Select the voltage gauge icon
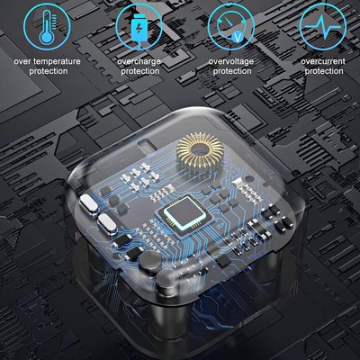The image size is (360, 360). [231, 27]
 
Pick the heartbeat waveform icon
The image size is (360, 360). [323, 27]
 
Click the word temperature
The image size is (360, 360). [57, 61]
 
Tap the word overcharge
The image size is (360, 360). [139, 62]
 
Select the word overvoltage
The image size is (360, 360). [231, 62]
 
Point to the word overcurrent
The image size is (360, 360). [323, 61]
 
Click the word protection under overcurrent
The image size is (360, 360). [324, 71]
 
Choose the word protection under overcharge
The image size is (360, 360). [140, 71]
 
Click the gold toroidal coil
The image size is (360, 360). [200, 151]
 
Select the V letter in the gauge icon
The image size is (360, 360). [238, 37]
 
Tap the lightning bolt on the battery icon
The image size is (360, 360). [139, 29]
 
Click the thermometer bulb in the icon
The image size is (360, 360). [46, 37]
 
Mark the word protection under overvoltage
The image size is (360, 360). [232, 71]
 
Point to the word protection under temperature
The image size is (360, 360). [49, 71]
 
